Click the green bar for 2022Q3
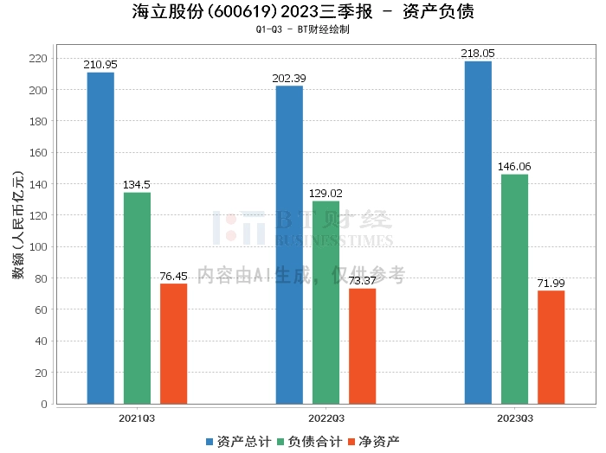pos(326,302)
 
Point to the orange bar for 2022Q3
pos(362,346)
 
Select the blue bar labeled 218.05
pos(478,233)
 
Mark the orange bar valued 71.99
pos(551,347)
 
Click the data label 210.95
pos(100,65)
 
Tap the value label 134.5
pos(137,185)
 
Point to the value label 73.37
pos(362,281)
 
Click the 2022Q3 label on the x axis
pos(326,418)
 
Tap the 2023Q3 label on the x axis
pos(514,418)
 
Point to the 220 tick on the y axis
pos(39,59)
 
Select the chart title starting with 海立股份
pos(303,12)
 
